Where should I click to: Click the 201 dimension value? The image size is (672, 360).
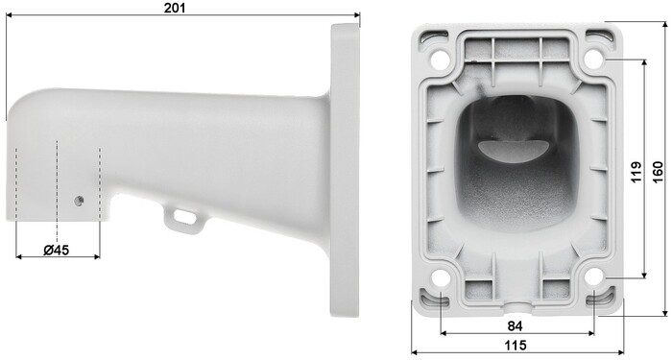tap(175, 8)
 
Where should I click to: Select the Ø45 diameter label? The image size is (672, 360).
tap(56, 250)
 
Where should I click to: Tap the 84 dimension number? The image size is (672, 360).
tap(515, 326)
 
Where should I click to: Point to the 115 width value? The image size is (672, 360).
tap(516, 345)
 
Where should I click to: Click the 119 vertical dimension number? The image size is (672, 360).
tap(636, 172)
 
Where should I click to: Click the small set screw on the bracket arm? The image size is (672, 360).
tap(79, 201)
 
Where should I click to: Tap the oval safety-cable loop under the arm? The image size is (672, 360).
tap(184, 217)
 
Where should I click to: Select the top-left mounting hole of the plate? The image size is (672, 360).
tap(439, 60)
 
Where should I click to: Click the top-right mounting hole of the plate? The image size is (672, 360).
tap(594, 60)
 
